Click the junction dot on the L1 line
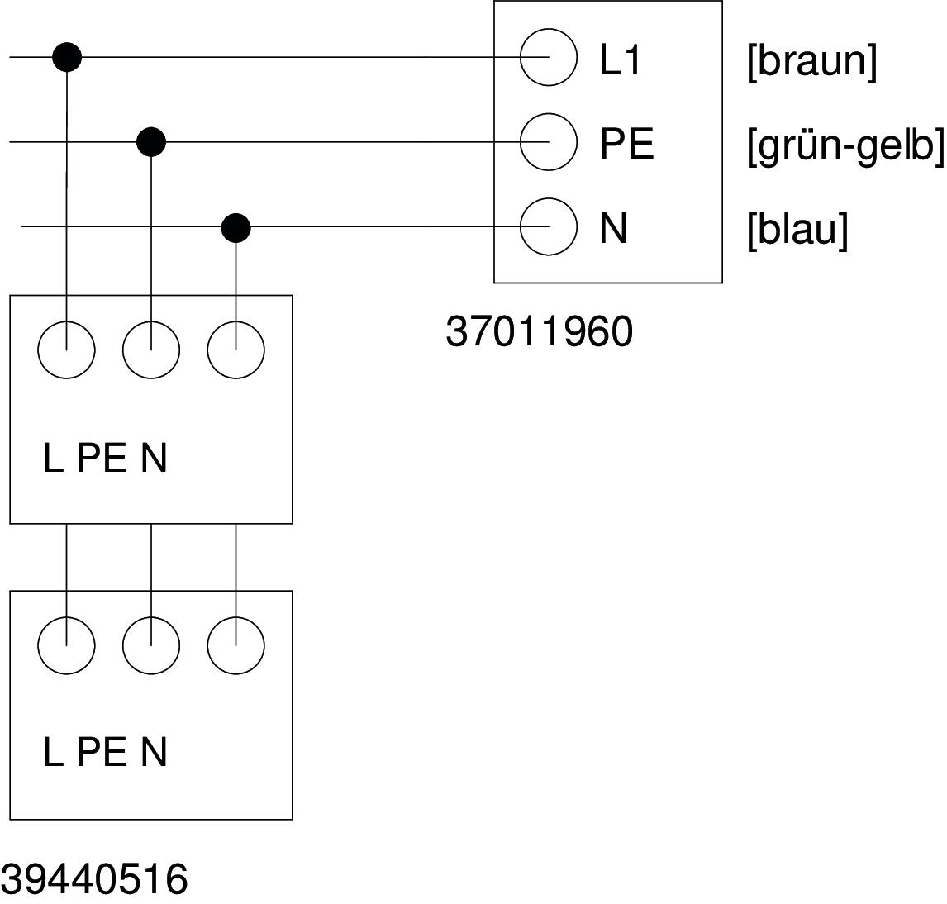coord(67,57)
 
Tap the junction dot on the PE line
coord(151,142)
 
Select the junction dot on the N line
coord(236,226)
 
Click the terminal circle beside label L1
coord(548,57)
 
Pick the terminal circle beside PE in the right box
coord(548,142)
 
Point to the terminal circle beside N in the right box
coord(548,226)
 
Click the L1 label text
coord(620,59)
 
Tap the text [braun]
coord(811,61)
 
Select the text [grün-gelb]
coord(845,146)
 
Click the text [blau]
coord(797,230)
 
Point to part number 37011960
coord(539,331)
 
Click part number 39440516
coord(94,879)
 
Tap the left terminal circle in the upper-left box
coord(67,350)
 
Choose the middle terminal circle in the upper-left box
coord(151,350)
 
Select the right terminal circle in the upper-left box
coord(236,350)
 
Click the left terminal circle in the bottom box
coord(67,645)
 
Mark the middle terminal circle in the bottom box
coord(151,645)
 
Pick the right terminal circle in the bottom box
coord(236,645)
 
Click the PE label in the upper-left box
coord(102,458)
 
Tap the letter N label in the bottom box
coord(154,753)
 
